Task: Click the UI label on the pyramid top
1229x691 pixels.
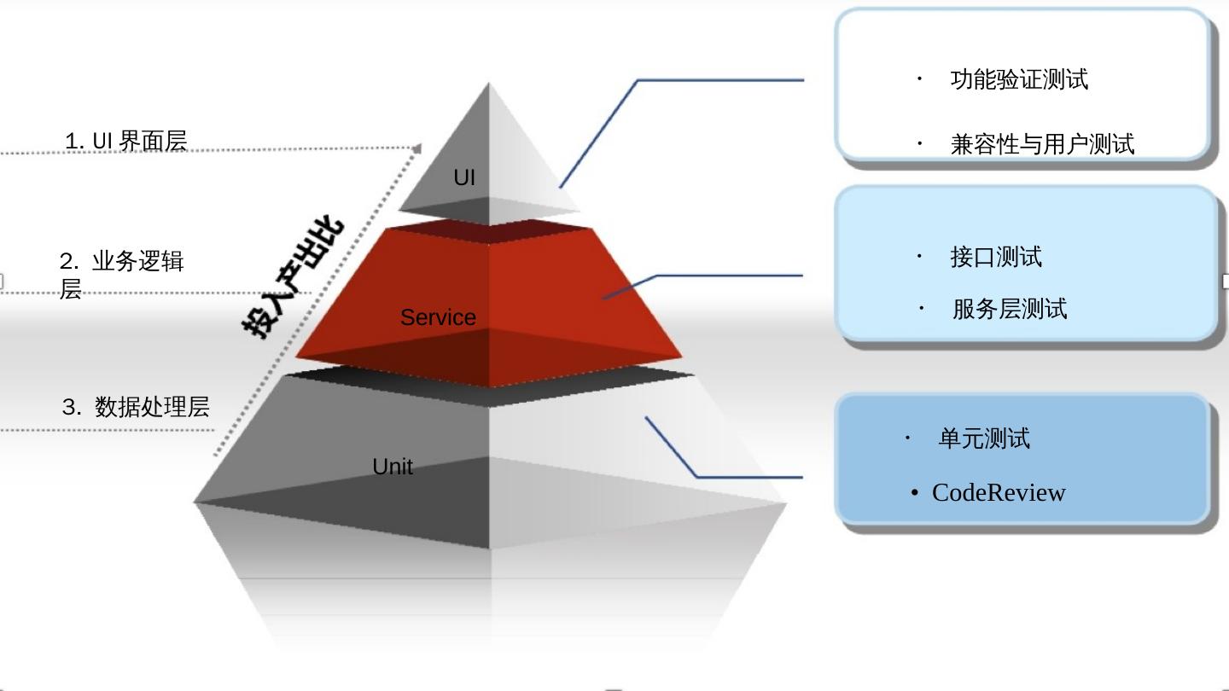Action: point(464,177)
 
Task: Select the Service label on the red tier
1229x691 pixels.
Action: point(438,317)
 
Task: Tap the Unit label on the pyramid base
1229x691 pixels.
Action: point(393,467)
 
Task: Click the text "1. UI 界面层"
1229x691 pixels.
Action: point(126,141)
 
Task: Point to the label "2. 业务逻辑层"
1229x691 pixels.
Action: point(121,273)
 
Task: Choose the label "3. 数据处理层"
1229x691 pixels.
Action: point(136,407)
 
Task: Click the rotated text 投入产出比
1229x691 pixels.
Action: point(293,277)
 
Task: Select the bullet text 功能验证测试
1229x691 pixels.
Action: point(1019,79)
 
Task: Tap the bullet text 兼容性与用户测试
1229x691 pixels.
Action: point(1042,144)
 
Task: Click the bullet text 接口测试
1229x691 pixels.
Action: point(996,257)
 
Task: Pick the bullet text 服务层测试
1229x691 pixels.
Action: point(1010,309)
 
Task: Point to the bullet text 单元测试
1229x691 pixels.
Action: point(984,438)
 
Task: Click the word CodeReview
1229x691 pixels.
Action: point(999,492)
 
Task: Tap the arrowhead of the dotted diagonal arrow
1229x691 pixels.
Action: point(416,148)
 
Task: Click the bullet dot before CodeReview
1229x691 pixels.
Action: point(915,493)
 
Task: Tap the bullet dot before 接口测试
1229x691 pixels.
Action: point(919,255)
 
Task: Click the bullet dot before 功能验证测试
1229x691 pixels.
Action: point(919,78)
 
